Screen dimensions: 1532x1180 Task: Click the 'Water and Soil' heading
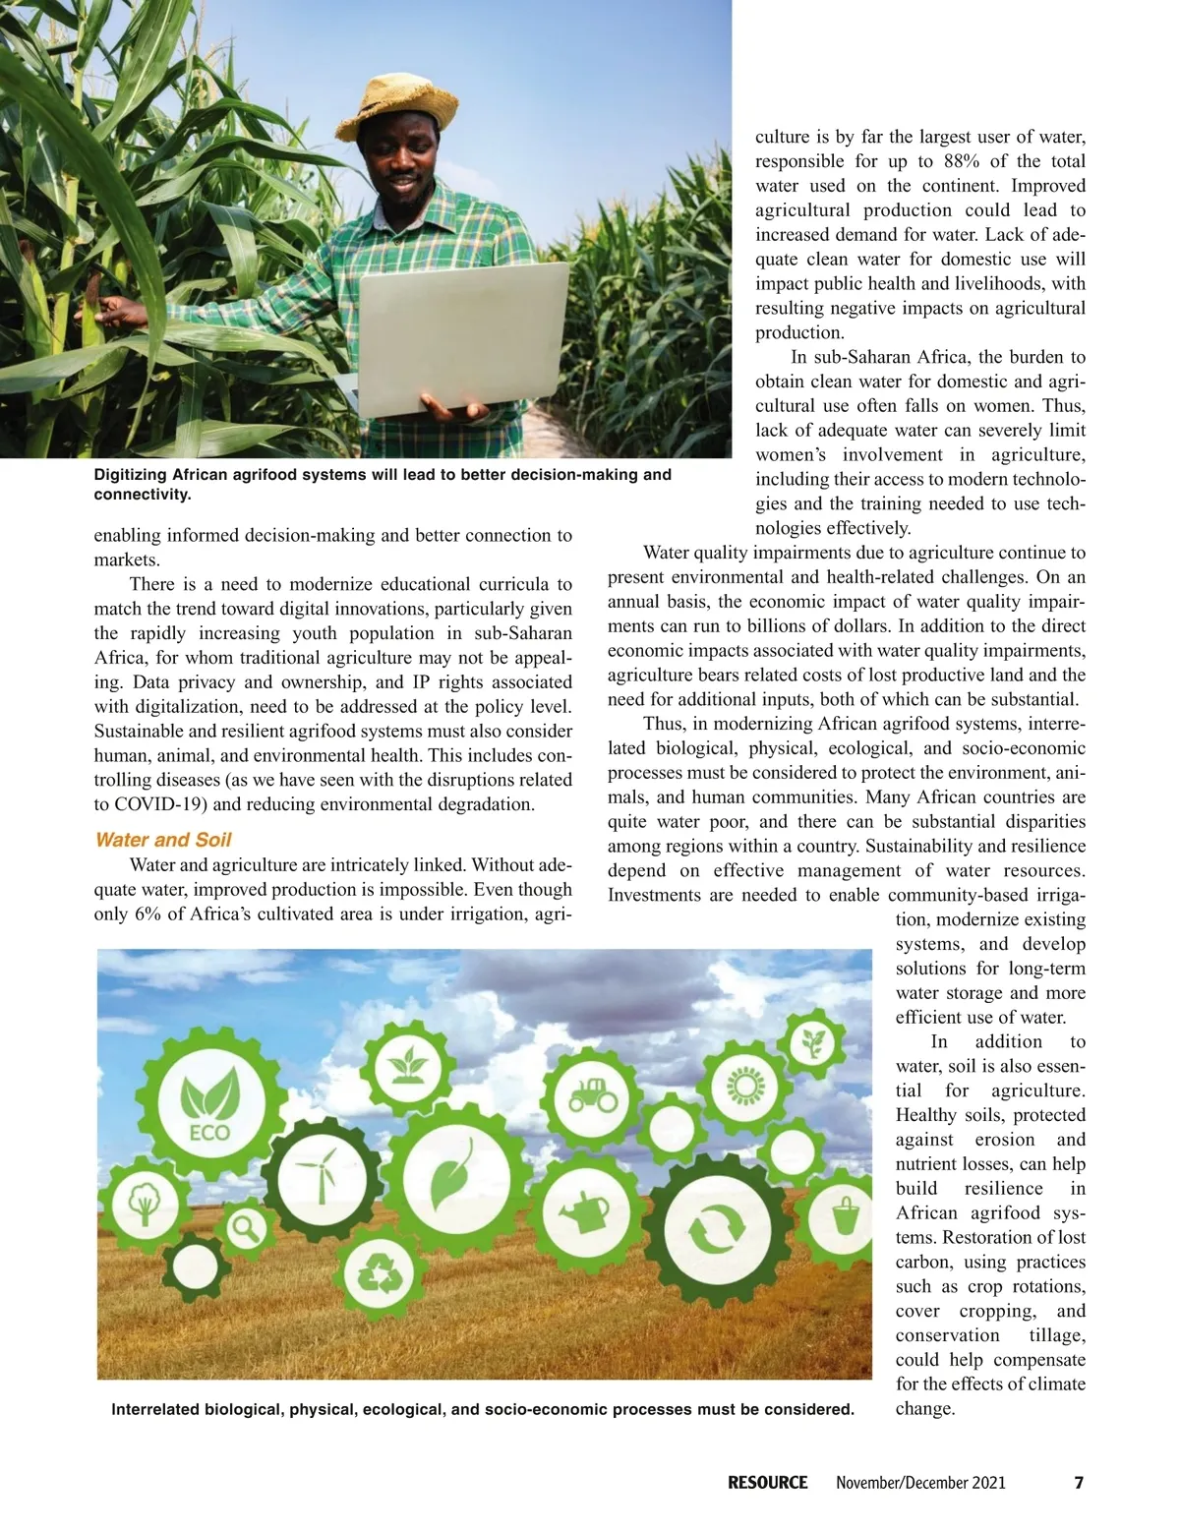click(x=163, y=840)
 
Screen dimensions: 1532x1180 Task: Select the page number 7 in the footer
click(x=1078, y=1483)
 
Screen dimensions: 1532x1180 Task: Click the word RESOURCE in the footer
click(x=767, y=1483)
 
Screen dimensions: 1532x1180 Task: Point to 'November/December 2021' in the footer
click(x=920, y=1483)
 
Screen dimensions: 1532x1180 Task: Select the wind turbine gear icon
click(x=319, y=1175)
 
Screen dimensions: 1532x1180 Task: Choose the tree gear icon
click(x=146, y=1203)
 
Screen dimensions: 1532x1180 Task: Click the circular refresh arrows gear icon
click(x=717, y=1229)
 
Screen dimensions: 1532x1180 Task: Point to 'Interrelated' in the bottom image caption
click(x=155, y=1409)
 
